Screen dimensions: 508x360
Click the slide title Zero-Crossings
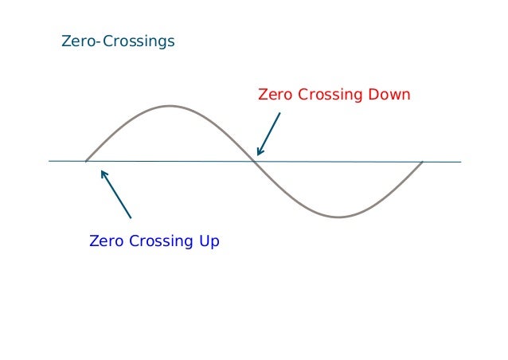click(118, 41)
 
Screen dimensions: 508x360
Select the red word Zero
click(275, 96)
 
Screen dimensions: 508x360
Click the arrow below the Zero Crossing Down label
click(268, 134)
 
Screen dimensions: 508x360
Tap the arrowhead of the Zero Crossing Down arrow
click(258, 154)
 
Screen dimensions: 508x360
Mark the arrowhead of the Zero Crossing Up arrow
click(102, 171)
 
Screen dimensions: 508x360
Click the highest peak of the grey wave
click(169, 106)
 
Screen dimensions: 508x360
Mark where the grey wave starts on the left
click(86, 162)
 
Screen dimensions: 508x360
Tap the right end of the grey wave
click(422, 162)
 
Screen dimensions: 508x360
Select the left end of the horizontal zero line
click(49, 162)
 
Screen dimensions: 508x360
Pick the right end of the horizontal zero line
click(460, 162)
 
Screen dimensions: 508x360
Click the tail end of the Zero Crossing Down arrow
click(279, 113)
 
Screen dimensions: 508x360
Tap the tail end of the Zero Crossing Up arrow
click(131, 217)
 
